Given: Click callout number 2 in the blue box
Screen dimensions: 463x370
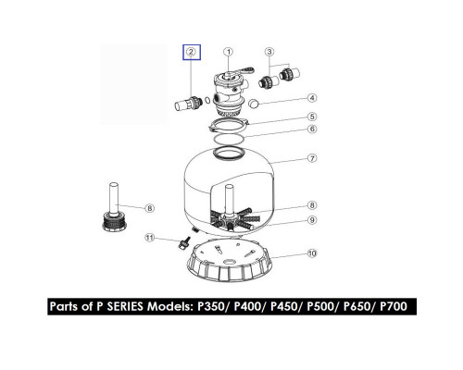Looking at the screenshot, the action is (191, 52).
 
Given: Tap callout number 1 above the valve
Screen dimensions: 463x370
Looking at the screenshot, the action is (229, 52).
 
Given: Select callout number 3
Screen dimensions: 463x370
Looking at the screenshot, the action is (269, 52).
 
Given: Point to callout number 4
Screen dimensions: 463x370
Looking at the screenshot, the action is (312, 98).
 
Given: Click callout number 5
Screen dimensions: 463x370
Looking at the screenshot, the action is (312, 117).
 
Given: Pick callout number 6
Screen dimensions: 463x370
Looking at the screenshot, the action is (312, 129).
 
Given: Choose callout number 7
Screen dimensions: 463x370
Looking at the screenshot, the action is (312, 158).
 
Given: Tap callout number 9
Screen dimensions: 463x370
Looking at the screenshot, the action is (312, 220).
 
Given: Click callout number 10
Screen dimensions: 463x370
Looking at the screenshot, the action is (312, 253).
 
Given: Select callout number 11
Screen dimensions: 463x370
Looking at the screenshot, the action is (150, 238).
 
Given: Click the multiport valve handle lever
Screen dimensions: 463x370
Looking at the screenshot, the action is (244, 71).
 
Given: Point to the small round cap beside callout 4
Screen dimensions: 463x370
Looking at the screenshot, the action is (254, 104).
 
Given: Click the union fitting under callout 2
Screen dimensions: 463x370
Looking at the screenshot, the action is (189, 104).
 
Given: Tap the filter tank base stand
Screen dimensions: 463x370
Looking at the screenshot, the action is (230, 261).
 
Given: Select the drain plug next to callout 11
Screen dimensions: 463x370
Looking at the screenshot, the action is (183, 244).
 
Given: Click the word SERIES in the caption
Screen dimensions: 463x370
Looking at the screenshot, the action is (125, 306).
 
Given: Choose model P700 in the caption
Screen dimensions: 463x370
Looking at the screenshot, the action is (394, 306).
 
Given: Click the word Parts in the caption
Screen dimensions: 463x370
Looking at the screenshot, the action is (64, 306).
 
